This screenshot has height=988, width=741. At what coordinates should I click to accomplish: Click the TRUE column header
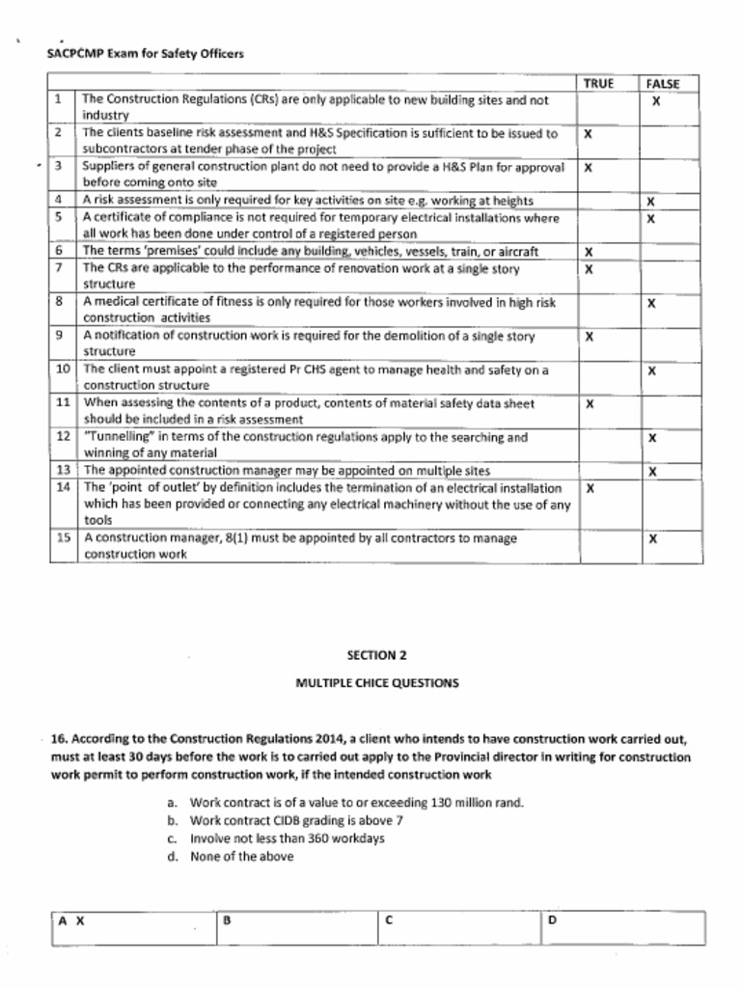598,84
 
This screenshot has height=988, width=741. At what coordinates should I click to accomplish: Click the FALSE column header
663,84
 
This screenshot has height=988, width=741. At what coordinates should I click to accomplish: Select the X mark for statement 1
655,100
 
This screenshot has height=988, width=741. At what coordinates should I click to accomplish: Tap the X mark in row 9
589,337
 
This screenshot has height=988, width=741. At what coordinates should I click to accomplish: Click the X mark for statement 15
652,538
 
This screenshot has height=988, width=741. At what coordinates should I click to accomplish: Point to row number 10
63,369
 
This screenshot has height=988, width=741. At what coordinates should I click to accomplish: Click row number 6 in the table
59,251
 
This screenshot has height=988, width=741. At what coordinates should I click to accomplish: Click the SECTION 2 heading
370,654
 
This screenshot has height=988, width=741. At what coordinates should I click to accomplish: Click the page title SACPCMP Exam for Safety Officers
145,53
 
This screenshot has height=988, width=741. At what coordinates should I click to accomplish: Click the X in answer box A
80,920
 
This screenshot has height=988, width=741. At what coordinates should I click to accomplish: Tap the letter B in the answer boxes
227,919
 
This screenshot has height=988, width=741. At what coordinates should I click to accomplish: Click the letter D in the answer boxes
552,919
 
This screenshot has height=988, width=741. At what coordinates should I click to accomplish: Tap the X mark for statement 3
588,168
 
